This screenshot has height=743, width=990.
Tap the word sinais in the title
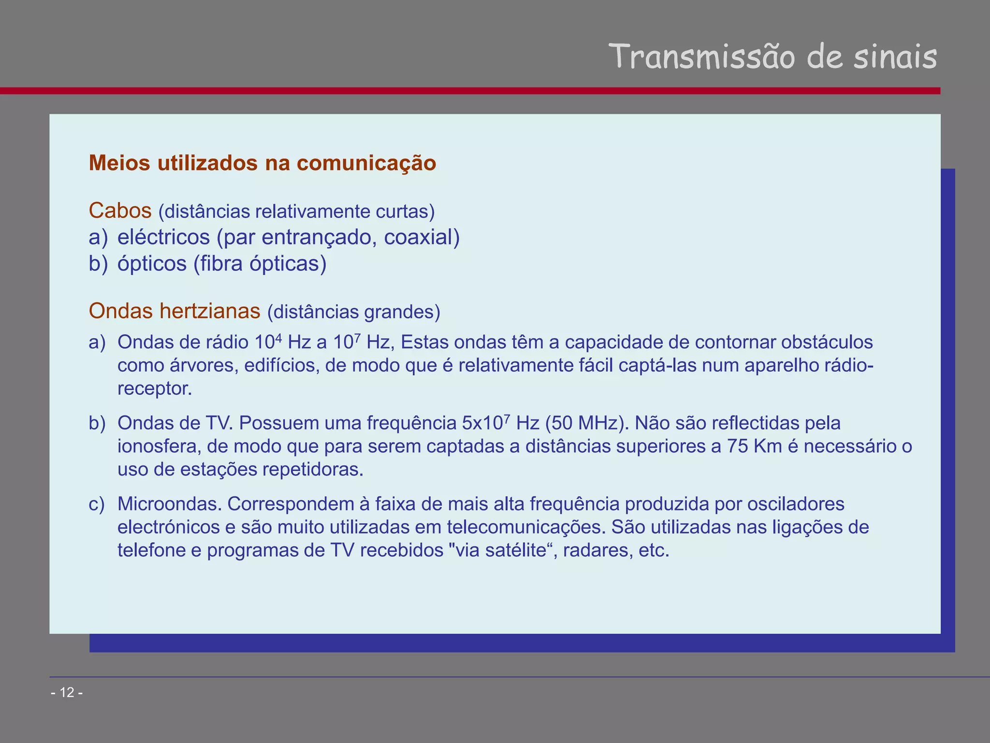pyautogui.click(x=894, y=57)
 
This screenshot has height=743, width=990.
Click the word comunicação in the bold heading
pyautogui.click(x=366, y=163)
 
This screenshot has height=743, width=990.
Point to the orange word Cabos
pyautogui.click(x=120, y=211)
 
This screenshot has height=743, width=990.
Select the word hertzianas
pyautogui.click(x=210, y=311)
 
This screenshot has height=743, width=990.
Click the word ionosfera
pyautogui.click(x=159, y=446)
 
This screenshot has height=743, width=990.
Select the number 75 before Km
pyautogui.click(x=738, y=446)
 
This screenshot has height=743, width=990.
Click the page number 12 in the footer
pyautogui.click(x=67, y=693)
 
